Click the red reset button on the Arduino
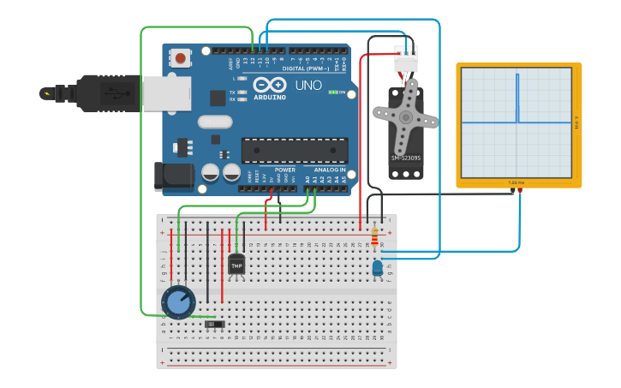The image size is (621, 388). click(181, 58)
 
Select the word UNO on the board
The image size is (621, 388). click(308, 86)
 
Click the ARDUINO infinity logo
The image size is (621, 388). click(269, 86)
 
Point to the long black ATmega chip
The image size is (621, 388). click(294, 150)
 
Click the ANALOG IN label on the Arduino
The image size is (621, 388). click(329, 170)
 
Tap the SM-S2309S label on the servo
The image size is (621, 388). click(406, 158)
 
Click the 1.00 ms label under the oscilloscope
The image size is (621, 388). click(517, 182)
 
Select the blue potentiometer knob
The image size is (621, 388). click(178, 301)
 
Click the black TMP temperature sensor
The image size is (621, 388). click(236, 265)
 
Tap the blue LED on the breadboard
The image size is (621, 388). click(378, 269)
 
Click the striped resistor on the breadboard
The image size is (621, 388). click(374, 239)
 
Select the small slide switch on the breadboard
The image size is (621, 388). click(216, 324)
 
